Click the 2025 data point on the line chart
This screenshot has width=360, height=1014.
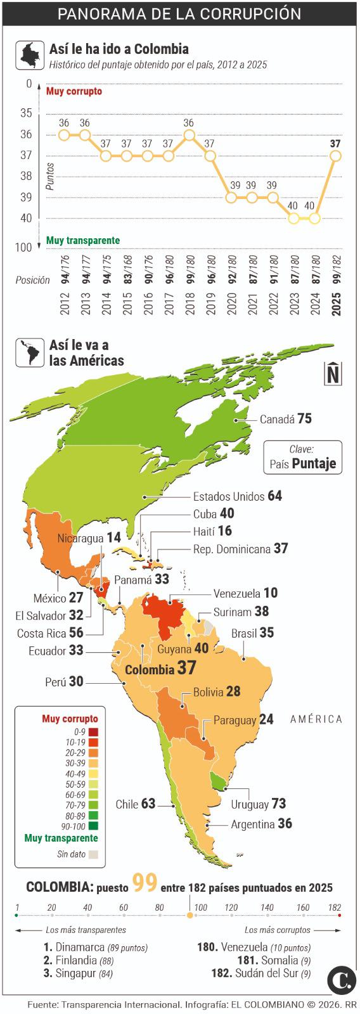pos(335,155)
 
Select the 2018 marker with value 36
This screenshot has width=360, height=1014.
pos(189,134)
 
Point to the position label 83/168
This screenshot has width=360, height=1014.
pos(127,269)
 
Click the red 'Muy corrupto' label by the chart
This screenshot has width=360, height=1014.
pos(74,91)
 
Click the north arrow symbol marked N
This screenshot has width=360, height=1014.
pos(333,373)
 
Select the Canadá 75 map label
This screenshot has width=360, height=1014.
pos(285,419)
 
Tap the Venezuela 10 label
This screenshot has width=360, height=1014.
pos(245,594)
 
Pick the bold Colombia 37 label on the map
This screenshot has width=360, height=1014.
pos(160,669)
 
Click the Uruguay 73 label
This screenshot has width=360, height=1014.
pos(259,804)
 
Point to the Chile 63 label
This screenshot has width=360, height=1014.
pos(135,804)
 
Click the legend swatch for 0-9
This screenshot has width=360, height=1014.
pos(93,731)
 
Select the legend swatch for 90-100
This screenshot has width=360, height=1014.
pos(93,826)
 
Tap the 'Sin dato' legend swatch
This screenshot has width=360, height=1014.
pos(93,854)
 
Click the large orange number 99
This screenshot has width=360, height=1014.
pos(145,883)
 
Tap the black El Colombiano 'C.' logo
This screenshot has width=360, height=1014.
pos(341,981)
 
